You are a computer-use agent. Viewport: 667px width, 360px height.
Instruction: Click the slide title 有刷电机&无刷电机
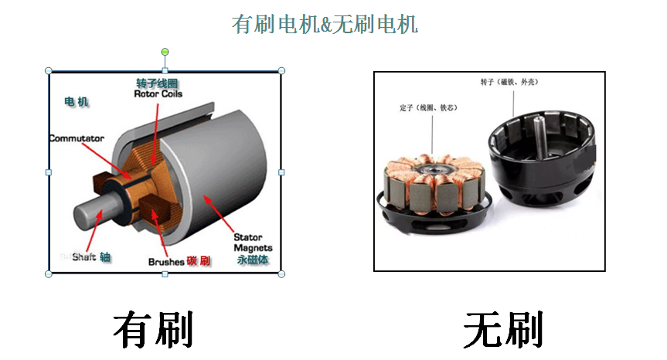325,24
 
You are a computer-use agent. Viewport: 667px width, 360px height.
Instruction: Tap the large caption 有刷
153,330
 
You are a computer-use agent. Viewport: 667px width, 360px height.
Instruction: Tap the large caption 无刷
503,330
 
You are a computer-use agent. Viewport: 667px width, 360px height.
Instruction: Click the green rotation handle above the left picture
165,53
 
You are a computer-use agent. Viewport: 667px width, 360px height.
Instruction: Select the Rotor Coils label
158,94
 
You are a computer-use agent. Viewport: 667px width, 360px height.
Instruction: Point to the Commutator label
76,138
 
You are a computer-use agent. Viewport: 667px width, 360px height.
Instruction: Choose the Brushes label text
166,262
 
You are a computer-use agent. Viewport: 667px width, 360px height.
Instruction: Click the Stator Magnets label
248,243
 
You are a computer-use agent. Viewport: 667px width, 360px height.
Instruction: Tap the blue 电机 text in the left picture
77,101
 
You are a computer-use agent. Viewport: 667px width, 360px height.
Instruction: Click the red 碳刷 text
199,261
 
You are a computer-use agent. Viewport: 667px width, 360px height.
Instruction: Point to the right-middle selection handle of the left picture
281,172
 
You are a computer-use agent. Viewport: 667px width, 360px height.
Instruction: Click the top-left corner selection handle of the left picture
49,71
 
